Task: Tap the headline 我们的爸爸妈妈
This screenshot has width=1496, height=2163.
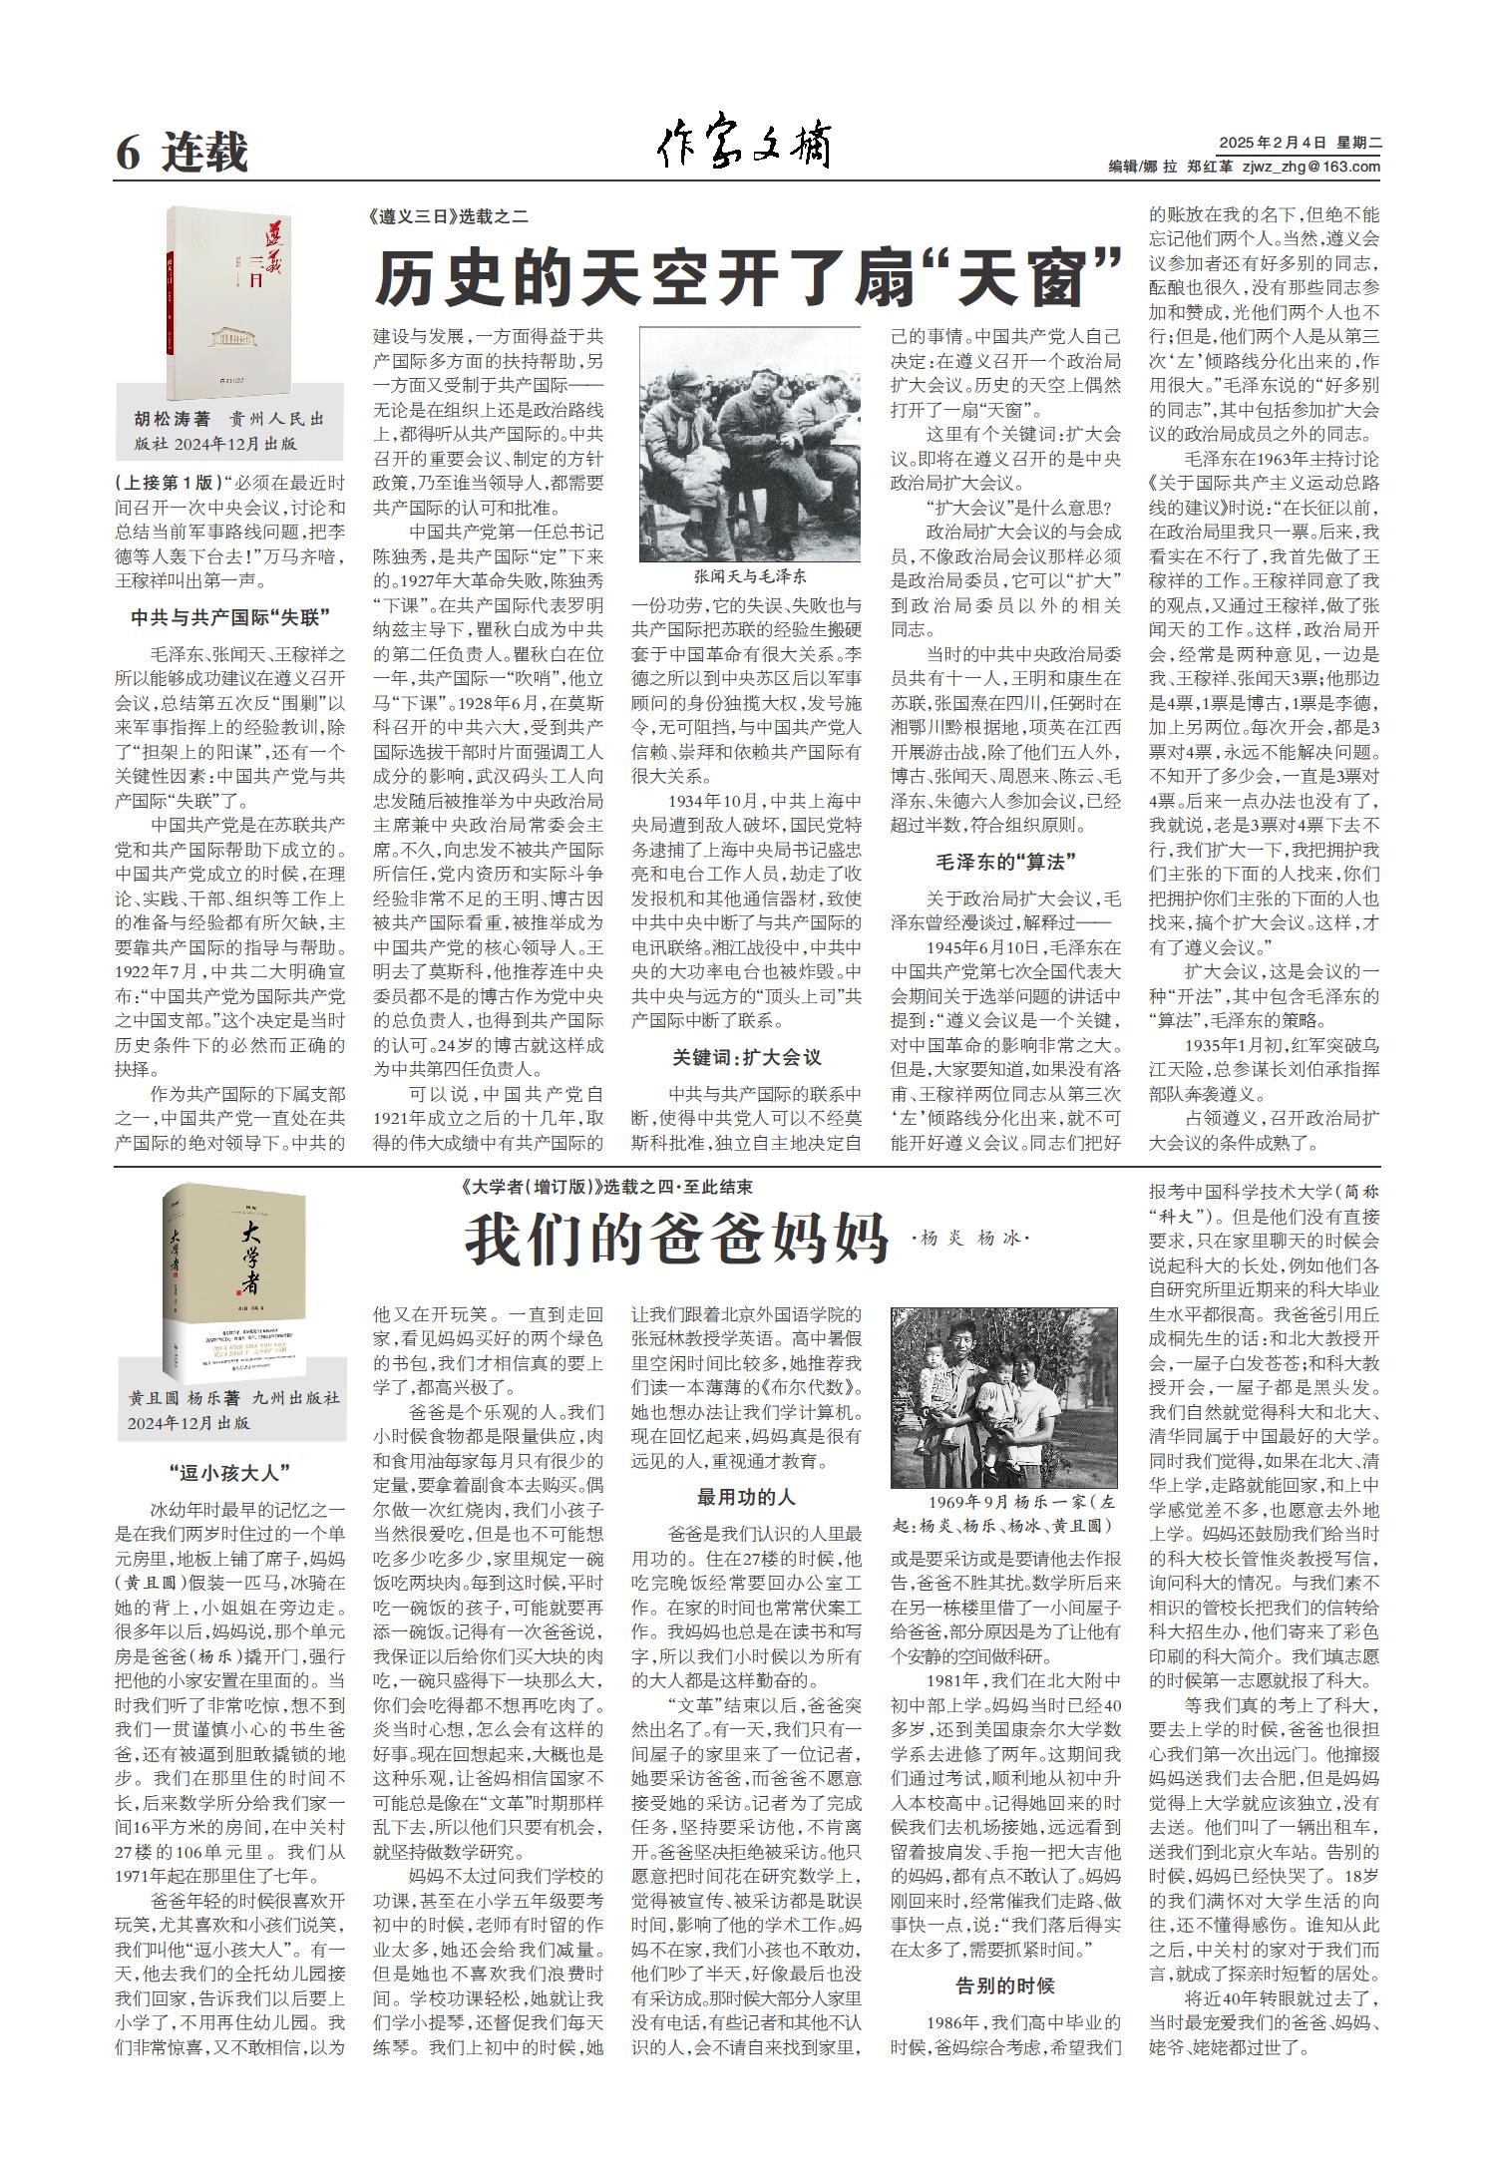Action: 676,1240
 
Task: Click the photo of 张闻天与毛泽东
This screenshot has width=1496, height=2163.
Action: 750,445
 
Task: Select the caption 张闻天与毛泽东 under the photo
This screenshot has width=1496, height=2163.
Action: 750,576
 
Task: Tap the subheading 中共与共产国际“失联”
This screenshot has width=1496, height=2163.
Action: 230,617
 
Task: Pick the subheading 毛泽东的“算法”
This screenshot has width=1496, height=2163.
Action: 1005,862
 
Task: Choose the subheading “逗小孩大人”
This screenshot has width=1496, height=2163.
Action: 230,1471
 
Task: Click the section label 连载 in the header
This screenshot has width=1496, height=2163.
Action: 205,154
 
